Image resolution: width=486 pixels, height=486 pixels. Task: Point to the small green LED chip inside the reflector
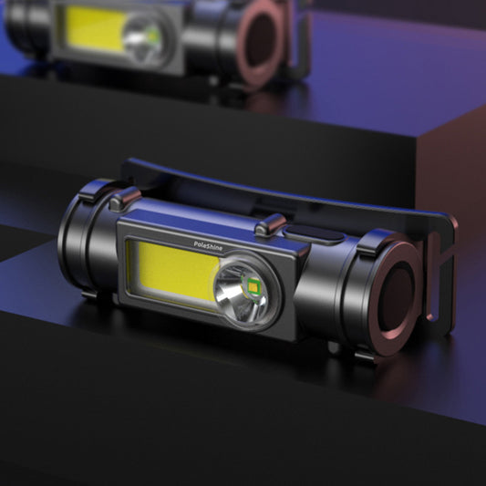point(253,291)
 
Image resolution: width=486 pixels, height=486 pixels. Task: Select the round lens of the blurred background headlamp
point(146,36)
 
